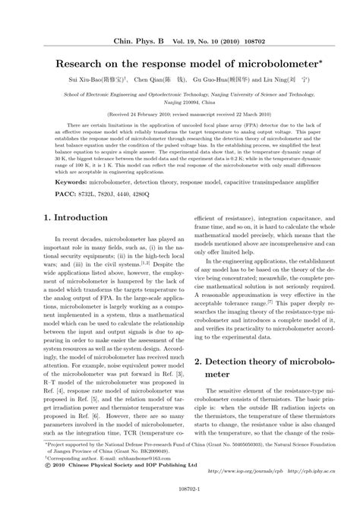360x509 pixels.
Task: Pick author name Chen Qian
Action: (151, 79)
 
